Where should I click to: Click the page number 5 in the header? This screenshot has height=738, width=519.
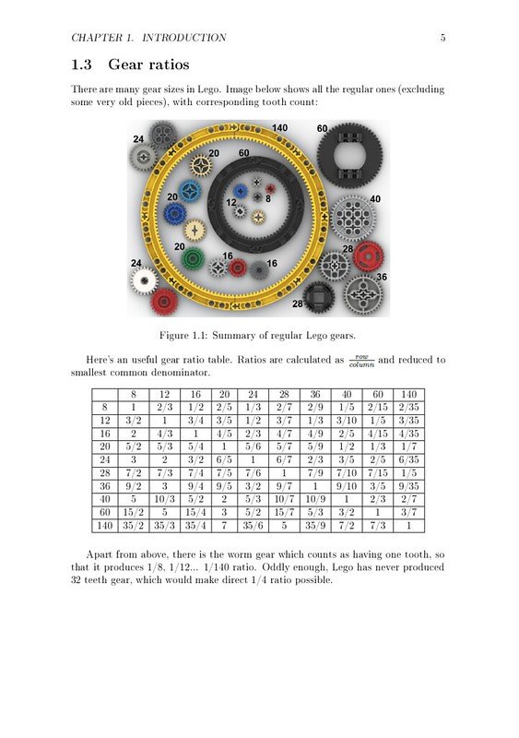click(x=443, y=38)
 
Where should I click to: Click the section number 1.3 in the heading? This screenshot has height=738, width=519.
click(x=85, y=65)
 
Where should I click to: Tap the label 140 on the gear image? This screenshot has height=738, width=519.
click(x=279, y=127)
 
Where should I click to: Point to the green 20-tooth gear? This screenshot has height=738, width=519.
click(x=193, y=259)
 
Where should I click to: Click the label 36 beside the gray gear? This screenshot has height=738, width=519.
click(x=381, y=277)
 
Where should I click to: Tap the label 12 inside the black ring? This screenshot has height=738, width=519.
click(x=231, y=202)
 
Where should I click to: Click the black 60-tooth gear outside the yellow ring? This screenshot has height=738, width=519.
click(x=347, y=153)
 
